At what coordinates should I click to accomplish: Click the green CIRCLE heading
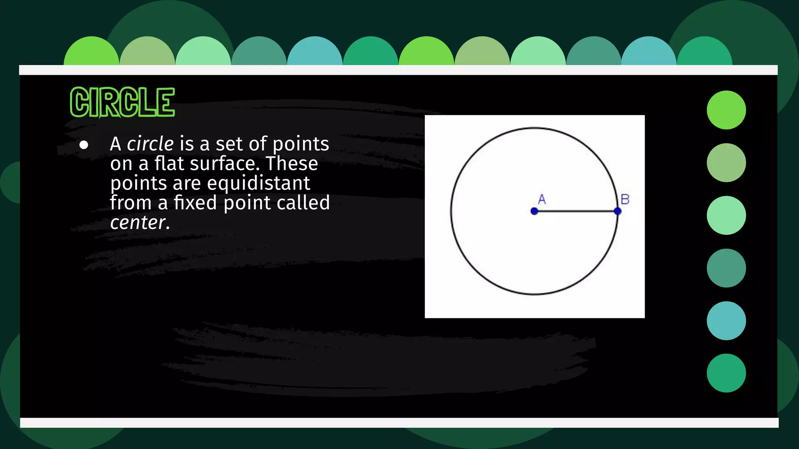pos(122,102)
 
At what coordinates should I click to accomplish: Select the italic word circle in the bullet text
pos(150,144)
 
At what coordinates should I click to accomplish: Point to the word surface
pos(224,163)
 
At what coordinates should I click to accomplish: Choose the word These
pos(292,163)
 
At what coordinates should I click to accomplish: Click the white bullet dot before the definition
pos(83,145)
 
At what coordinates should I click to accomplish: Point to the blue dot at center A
pos(534,211)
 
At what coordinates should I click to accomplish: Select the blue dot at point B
pos(618,211)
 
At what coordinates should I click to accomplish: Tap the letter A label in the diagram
pos(542,199)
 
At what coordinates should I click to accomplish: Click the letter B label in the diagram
pos(625,199)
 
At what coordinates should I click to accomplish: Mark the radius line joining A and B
pos(576,211)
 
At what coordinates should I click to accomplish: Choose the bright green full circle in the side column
pos(726,110)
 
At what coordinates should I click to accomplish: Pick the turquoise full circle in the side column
pos(726,321)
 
